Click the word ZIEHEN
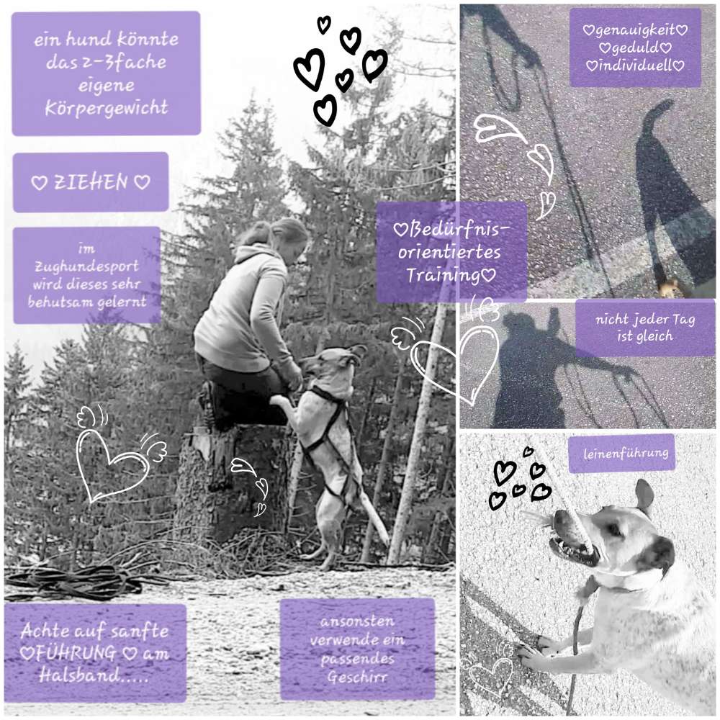tap(91, 182)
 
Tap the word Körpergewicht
tap(107, 108)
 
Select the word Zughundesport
tap(87, 267)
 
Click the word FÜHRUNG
tap(76, 652)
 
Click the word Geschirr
tap(357, 677)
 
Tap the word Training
tap(443, 274)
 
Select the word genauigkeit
tap(635, 30)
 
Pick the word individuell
tap(635, 66)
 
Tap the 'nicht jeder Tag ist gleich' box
tap(645, 328)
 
